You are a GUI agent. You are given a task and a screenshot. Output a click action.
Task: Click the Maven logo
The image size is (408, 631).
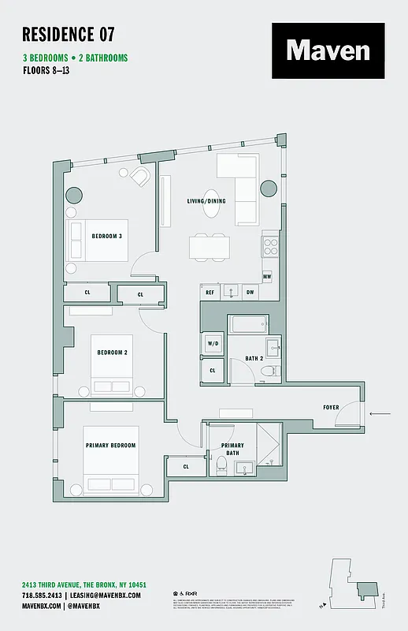coord(328,50)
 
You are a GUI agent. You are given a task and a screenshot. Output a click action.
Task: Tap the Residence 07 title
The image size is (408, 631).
coord(69,34)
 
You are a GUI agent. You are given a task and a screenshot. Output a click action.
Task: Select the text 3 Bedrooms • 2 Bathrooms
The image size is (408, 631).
coord(75,58)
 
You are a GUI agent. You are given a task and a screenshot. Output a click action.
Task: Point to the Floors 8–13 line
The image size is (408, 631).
coord(50,70)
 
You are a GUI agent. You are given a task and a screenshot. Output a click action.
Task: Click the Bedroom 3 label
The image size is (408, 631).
coord(106,237)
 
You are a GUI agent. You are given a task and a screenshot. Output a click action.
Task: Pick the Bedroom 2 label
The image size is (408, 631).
coord(112,352)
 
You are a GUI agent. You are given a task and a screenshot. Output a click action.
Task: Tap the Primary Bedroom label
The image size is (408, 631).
coord(110,446)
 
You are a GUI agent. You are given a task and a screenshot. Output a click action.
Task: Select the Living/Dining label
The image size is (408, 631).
coord(206,201)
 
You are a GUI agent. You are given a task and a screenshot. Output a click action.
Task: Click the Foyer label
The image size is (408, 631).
coord(332,408)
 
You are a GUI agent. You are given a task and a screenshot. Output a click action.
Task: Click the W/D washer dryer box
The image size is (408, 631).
coord(213,344)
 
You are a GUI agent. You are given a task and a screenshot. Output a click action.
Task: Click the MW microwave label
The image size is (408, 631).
coord(267,276)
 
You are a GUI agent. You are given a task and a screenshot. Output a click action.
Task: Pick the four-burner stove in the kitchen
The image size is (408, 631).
coord(270,246)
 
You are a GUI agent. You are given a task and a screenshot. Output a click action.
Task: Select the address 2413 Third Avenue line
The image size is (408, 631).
coord(84,584)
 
